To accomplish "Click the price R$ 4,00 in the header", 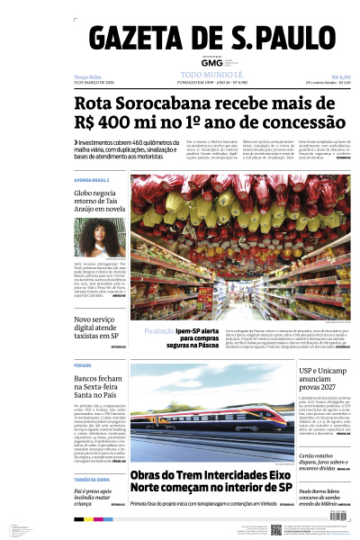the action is [x=340, y=77].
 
